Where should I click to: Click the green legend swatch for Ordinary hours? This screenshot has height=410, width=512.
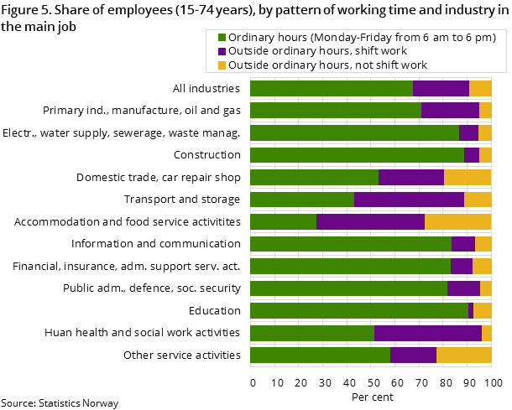222,38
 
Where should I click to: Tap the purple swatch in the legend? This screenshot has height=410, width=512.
222,51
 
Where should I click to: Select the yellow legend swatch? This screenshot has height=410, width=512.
222,65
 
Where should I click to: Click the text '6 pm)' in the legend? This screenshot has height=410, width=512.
480,38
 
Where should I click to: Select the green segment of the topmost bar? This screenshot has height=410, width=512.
331,88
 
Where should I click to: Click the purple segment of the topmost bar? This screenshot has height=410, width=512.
441,88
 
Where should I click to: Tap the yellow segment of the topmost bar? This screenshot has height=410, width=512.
480,88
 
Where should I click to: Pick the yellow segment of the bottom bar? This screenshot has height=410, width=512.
463,356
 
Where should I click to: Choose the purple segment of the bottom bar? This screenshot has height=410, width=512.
413,356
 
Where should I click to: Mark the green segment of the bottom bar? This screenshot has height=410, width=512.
320,356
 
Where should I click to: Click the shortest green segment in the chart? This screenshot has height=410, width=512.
283,221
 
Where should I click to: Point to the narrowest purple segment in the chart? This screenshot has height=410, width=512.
471,311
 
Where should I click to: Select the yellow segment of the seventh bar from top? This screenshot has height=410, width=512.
457,221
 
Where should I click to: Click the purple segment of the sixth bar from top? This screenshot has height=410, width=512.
409,200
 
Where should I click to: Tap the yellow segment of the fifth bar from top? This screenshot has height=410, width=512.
468,177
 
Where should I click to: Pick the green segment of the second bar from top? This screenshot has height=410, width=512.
335,110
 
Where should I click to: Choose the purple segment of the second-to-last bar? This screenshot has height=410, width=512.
427,333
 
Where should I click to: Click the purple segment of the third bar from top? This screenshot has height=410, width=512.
468,132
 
